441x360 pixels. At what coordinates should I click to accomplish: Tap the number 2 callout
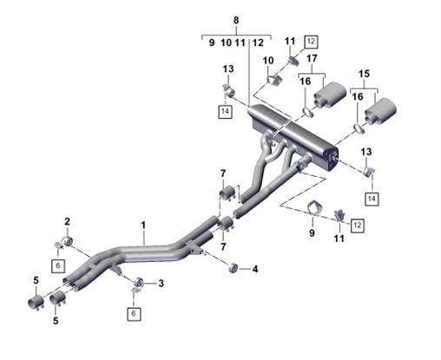(67, 220)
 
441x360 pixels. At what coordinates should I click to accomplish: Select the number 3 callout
(161, 283)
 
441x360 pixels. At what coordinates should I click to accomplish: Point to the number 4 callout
(254, 270)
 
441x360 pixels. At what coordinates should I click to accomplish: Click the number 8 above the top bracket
(235, 19)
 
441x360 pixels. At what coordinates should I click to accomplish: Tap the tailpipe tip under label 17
(328, 96)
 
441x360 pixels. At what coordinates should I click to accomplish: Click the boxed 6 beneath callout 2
(59, 265)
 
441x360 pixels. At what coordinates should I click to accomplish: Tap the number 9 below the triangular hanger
(313, 232)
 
